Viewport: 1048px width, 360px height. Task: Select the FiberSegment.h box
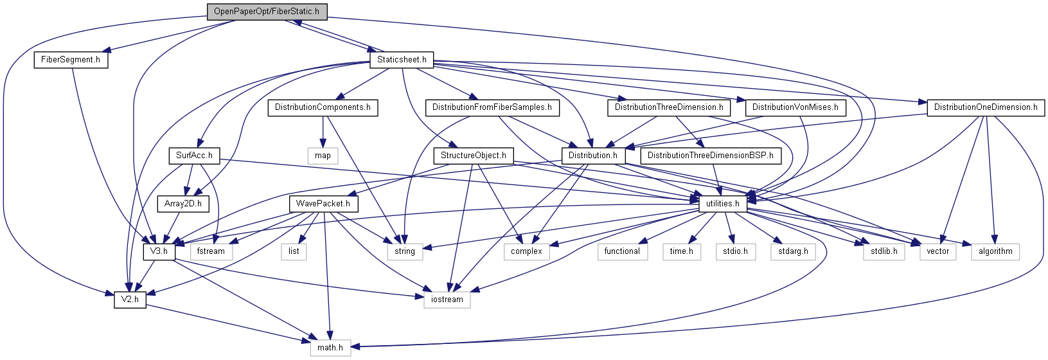71,60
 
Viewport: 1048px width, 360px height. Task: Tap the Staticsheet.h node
402,60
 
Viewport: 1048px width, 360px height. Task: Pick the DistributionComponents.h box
323,107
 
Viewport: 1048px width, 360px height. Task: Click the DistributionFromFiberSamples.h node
492,107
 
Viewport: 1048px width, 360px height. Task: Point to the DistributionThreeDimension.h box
669,107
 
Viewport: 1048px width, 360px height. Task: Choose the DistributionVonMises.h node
795,107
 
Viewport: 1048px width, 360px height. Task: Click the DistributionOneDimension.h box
986,107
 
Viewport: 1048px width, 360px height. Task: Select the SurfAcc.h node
194,156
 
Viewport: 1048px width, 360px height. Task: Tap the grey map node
323,156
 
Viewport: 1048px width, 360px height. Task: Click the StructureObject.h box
474,156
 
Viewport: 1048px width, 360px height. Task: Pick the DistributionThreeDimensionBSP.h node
710,156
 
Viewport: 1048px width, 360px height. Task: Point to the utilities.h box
723,204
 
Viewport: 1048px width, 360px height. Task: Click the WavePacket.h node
323,204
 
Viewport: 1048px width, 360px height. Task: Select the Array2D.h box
183,204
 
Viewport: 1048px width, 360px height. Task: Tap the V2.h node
130,300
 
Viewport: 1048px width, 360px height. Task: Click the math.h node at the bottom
330,348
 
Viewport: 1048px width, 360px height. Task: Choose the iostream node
447,300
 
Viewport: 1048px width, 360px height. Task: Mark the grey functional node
622,251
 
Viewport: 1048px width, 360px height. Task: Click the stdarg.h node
793,251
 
